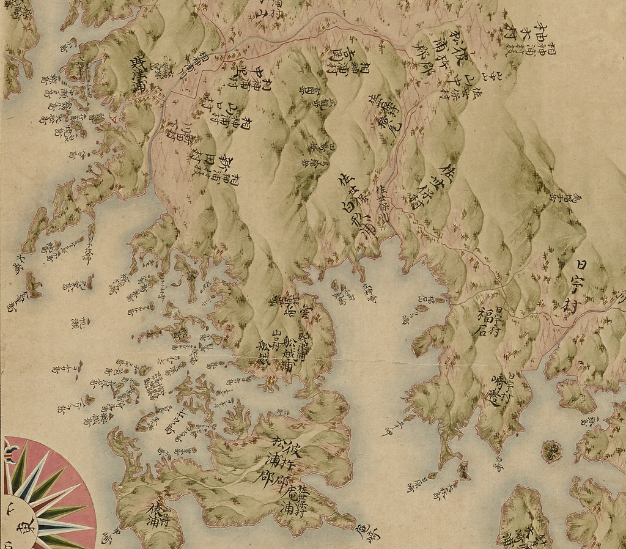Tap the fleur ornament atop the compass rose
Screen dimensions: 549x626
[10, 454]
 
